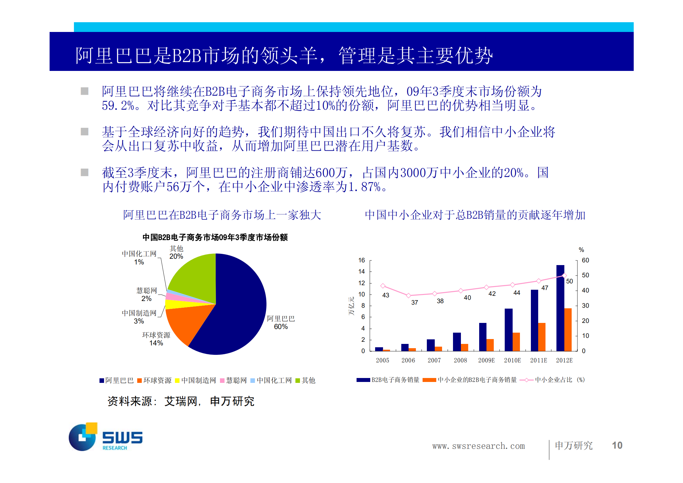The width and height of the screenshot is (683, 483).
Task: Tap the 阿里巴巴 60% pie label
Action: (281, 322)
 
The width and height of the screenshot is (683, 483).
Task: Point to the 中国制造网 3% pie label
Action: (139, 317)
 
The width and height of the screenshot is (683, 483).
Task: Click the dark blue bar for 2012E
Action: (560, 307)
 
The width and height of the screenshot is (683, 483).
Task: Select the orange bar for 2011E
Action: (542, 337)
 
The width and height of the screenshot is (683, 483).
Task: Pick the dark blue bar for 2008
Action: (457, 341)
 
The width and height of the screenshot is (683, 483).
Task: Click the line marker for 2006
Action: (409, 296)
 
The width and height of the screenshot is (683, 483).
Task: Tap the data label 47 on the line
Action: (545, 288)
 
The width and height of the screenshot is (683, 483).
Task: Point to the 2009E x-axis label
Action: (486, 360)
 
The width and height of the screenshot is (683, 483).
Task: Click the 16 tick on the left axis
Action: (361, 260)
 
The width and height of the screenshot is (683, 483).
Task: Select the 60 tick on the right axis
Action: (585, 260)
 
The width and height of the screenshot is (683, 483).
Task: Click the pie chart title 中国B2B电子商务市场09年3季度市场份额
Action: (215, 237)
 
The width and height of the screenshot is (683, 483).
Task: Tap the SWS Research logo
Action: (105, 437)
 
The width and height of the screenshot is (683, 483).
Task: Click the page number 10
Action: (617, 445)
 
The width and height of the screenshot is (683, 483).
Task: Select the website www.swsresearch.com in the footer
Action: (478, 446)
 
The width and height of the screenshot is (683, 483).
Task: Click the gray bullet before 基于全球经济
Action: (85, 132)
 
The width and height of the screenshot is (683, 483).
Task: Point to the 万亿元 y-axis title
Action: (351, 306)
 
